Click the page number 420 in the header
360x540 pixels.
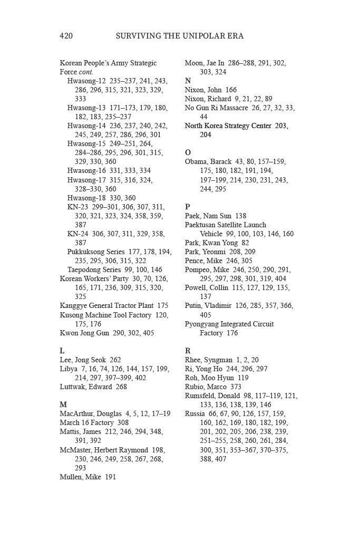[x=66, y=36]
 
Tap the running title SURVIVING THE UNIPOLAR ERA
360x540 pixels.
[x=179, y=36]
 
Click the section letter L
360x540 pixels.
[x=62, y=351]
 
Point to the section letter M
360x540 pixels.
[x=63, y=404]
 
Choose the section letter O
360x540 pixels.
[x=188, y=152]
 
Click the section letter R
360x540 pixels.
[x=188, y=351]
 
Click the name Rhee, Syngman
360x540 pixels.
[x=207, y=360]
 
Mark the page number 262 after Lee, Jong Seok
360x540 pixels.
[x=115, y=360]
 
